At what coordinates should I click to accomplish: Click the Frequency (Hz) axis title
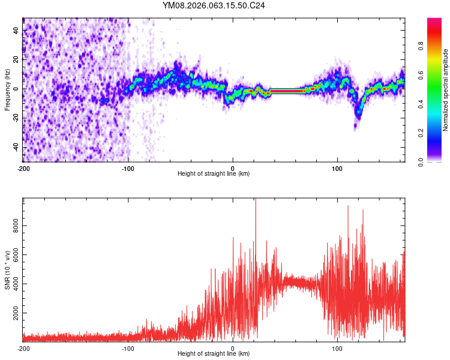tap(7, 90)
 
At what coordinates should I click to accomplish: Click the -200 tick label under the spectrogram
tap(23, 169)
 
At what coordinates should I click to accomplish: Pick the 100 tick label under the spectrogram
tap(337, 169)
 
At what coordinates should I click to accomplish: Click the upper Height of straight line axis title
tap(214, 174)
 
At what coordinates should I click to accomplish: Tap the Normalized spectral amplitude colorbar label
tap(446, 90)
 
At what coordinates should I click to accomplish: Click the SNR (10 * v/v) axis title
tap(7, 270)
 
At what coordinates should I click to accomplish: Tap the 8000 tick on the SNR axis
tap(13, 226)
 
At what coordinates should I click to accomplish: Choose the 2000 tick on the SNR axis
tap(13, 313)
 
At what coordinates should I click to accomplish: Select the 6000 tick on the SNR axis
tap(13, 256)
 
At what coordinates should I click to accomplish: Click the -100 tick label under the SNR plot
tap(128, 349)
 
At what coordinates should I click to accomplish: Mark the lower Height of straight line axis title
tap(214, 354)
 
